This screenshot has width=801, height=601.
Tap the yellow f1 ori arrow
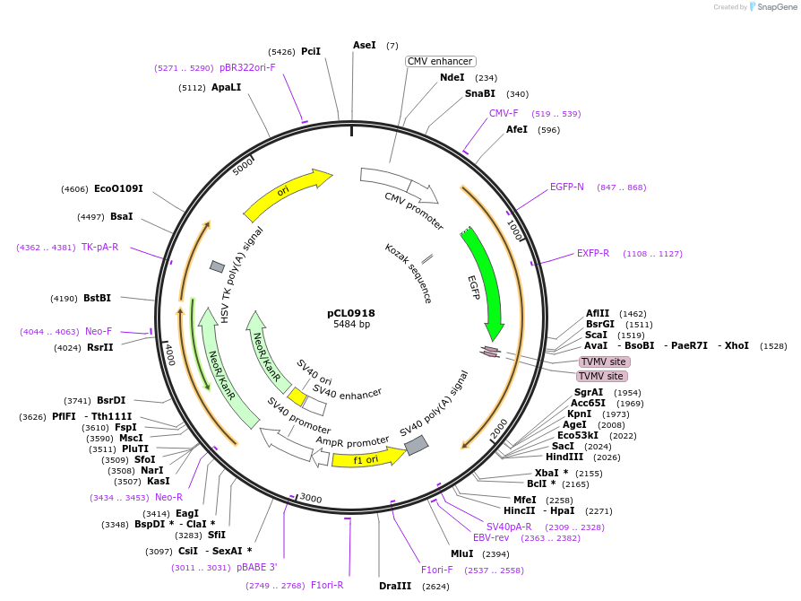(x=356, y=460)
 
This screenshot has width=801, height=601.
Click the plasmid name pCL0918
(x=351, y=313)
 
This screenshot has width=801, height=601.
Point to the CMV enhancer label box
(x=440, y=61)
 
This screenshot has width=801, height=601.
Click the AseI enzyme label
(x=365, y=45)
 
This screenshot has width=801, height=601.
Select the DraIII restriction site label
(x=395, y=586)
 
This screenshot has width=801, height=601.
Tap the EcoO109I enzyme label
(x=118, y=188)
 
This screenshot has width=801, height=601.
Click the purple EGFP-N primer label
(x=566, y=187)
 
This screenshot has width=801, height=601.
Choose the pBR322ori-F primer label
(x=247, y=67)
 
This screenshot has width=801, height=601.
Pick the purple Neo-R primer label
(x=168, y=497)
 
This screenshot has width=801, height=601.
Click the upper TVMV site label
(x=604, y=361)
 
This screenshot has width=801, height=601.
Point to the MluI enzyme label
(x=461, y=553)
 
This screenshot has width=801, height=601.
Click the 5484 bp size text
(x=351, y=324)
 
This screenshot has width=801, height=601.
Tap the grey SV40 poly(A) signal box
(x=416, y=445)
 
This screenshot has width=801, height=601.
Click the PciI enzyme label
(x=310, y=51)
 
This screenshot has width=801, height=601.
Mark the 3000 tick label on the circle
(x=310, y=499)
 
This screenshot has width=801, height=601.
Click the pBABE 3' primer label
(x=256, y=567)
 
